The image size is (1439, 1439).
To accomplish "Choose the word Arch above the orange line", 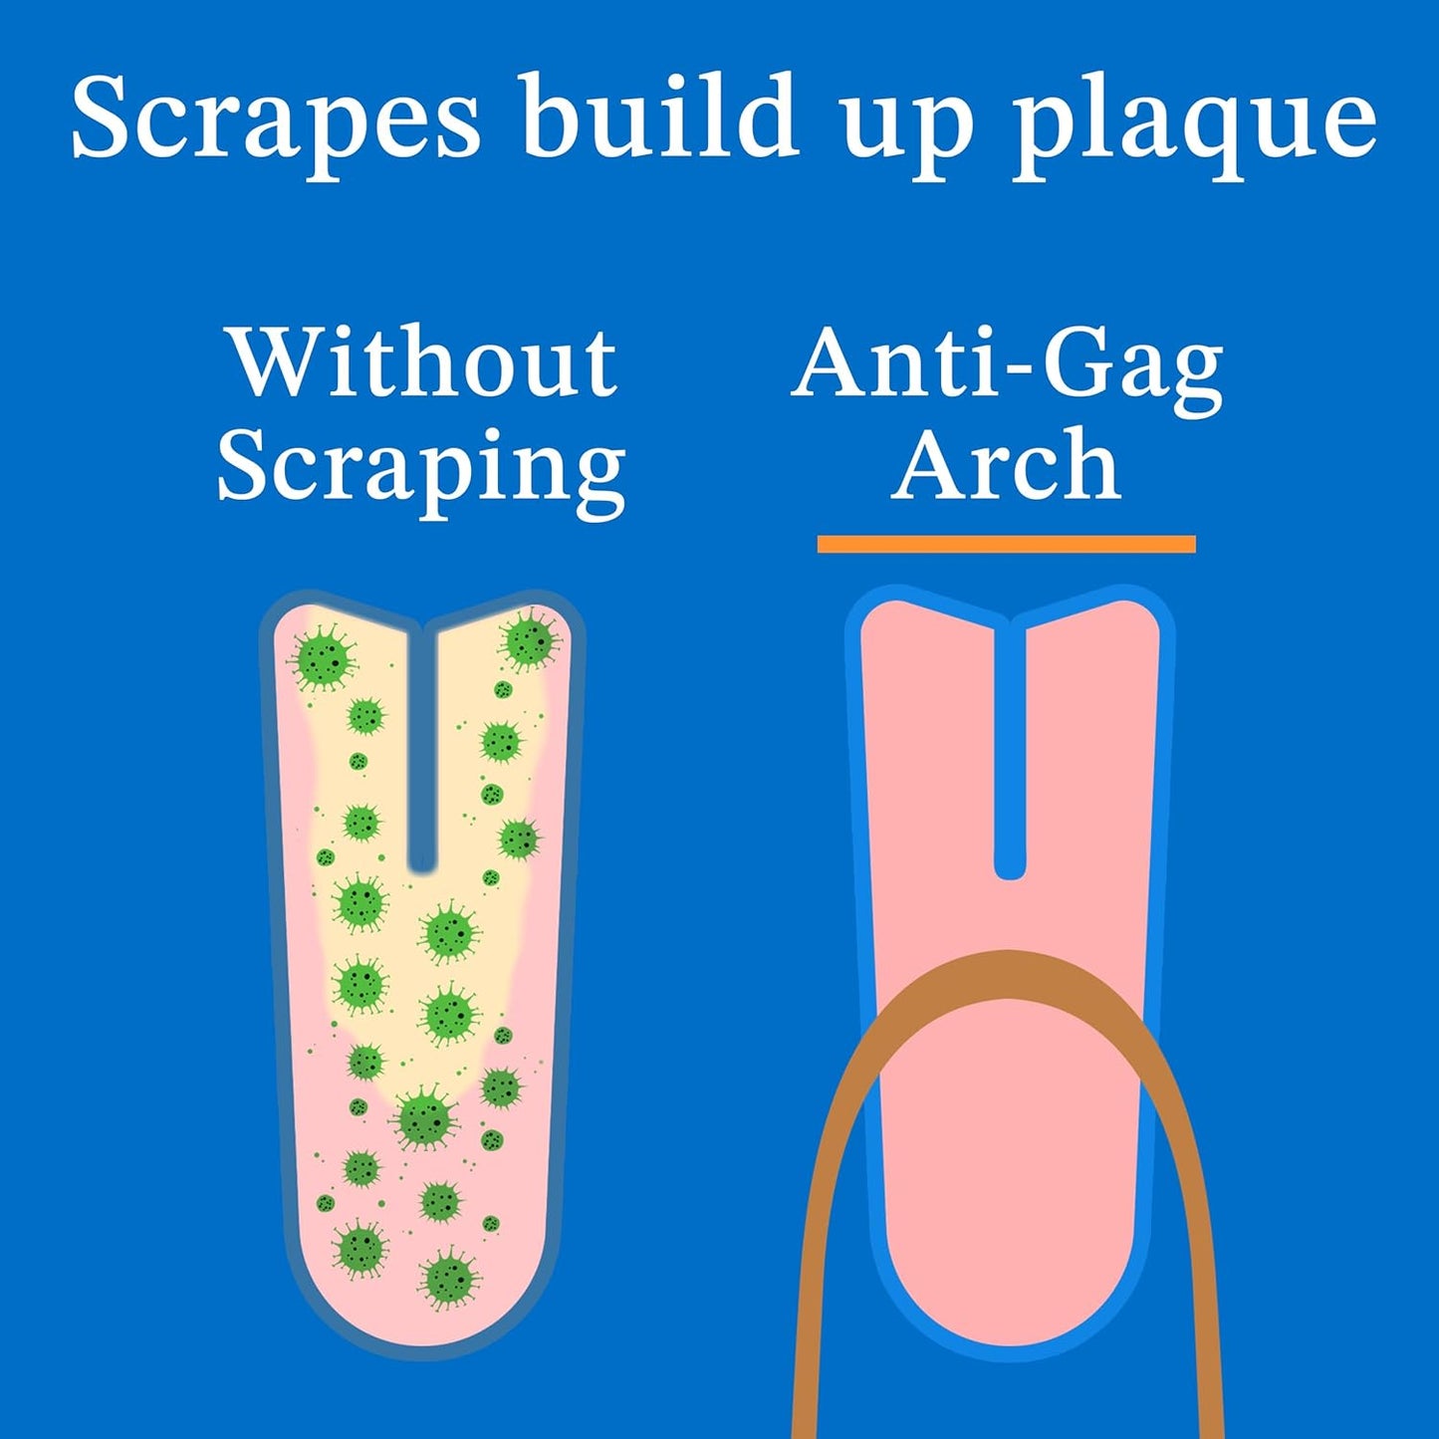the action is click(x=1007, y=464).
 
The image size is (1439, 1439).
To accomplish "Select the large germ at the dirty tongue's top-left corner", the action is click(x=323, y=658).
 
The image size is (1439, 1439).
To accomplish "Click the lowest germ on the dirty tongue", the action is click(x=449, y=1277).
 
